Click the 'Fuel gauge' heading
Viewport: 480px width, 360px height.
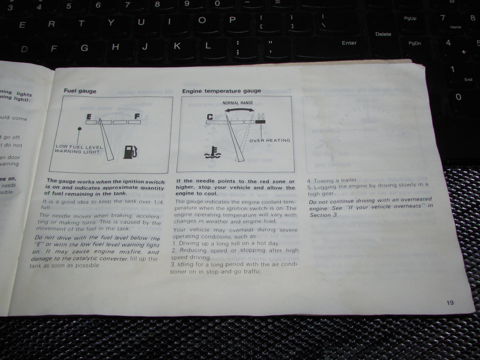click(80, 91)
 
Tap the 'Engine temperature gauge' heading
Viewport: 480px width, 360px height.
click(222, 91)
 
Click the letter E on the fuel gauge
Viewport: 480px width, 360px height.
click(89, 117)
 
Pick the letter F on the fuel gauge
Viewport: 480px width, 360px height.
click(137, 116)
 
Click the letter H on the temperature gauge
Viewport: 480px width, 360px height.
click(261, 116)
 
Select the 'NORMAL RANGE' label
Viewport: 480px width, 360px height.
click(238, 103)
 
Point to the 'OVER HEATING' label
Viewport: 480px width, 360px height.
click(270, 140)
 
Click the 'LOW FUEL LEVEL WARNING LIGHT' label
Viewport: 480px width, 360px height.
click(78, 149)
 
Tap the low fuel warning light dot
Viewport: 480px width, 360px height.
click(79, 129)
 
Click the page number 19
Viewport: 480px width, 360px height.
click(450, 303)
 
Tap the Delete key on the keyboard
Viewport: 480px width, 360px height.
click(383, 34)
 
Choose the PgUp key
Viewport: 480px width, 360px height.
click(410, 19)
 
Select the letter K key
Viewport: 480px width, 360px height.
click(177, 46)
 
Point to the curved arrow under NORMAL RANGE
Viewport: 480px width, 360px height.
click(238, 110)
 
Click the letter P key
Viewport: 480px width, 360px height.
click(233, 20)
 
